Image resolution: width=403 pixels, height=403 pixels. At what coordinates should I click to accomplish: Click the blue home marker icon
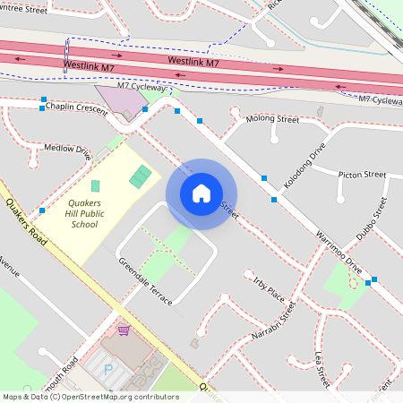pos(201,193)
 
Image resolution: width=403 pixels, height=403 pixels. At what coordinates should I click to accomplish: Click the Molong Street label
pos(274,118)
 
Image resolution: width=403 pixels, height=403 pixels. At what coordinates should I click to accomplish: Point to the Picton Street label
pos(362,175)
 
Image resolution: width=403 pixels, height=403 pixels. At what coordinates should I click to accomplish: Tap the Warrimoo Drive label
pos(339,253)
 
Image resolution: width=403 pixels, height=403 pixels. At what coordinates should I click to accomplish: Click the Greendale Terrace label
pos(145,281)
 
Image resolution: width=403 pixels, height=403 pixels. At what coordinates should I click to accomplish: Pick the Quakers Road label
pos(25,217)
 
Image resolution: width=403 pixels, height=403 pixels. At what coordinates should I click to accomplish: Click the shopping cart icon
pos(123,330)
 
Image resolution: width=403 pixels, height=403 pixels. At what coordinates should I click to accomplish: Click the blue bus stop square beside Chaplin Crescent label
pos(43,107)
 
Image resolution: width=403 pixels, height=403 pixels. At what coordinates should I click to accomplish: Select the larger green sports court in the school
pos(141,176)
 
